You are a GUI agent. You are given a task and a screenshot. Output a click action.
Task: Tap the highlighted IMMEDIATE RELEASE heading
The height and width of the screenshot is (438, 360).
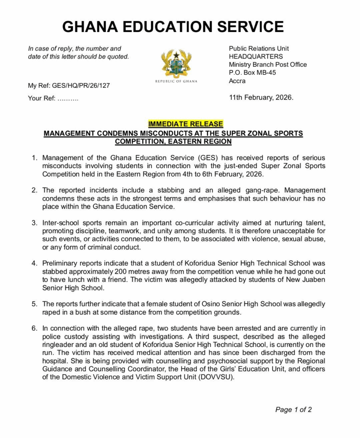click(186, 124)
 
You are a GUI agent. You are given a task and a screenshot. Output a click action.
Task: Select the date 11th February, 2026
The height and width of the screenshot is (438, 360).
click(261, 98)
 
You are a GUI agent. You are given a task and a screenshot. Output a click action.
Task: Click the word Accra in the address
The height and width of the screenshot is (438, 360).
click(237, 81)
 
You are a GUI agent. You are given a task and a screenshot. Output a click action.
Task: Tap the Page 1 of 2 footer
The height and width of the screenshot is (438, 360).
click(293, 410)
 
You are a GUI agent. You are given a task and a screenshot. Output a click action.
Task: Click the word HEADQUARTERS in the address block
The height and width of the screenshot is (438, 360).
click(256, 56)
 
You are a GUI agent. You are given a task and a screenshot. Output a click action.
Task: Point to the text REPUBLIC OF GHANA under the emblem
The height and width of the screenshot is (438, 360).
click(176, 81)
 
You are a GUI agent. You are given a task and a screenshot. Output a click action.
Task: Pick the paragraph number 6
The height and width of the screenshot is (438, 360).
click(34, 328)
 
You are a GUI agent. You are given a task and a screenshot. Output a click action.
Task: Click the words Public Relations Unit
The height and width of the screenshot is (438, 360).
click(259, 48)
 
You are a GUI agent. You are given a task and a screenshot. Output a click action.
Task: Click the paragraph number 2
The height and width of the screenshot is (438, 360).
click(34, 190)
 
